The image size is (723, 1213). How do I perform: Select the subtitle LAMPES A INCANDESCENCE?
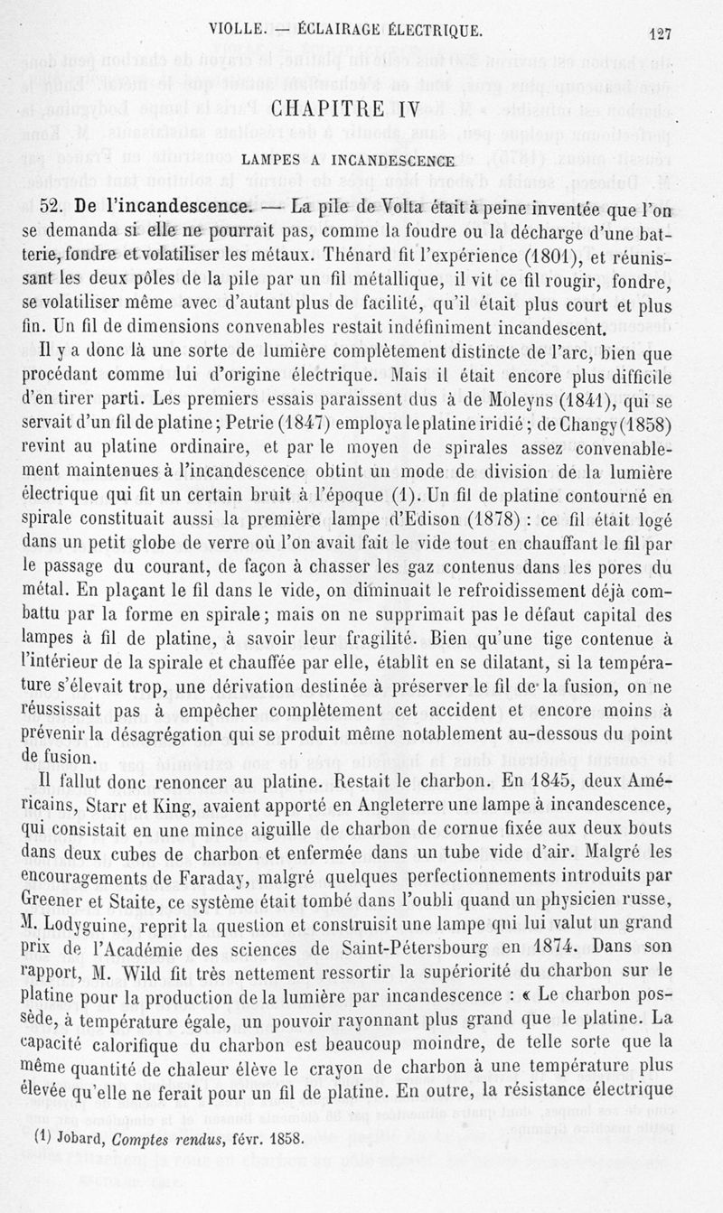click(347, 162)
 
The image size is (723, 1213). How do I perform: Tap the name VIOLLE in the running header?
click(236, 28)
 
